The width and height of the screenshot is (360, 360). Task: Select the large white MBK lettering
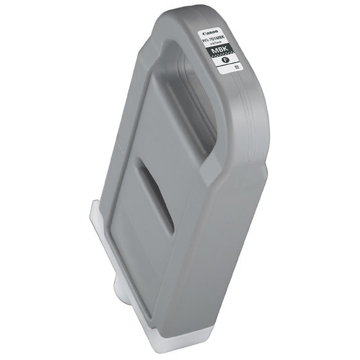[217, 53]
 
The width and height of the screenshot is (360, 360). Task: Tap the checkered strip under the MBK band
[220, 60]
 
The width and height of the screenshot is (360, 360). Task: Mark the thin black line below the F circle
[223, 73]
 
